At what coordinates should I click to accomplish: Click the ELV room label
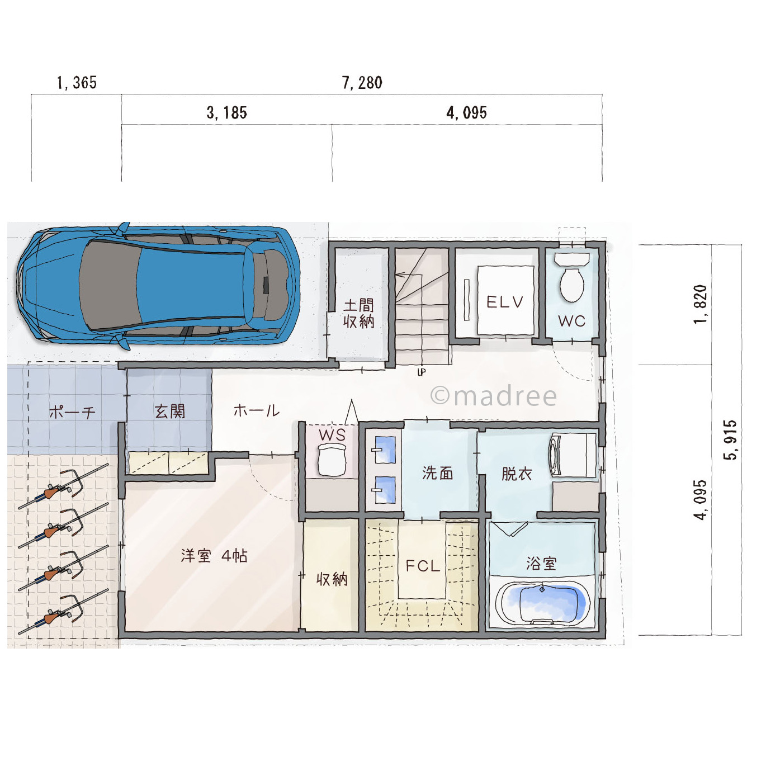(505, 302)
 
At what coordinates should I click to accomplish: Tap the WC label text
(571, 321)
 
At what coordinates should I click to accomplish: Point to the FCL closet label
(423, 566)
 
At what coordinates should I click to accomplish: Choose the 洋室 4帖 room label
(214, 556)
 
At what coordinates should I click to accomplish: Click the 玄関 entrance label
(170, 412)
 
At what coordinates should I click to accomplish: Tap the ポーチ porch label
(72, 412)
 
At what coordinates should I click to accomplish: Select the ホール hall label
(257, 410)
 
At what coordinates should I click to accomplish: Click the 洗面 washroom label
(438, 473)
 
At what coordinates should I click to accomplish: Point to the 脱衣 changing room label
(517, 474)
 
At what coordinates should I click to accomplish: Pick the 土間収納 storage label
(358, 314)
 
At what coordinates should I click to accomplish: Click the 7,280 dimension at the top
(362, 83)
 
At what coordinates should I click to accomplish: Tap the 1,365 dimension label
(77, 83)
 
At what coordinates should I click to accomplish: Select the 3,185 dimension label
(226, 113)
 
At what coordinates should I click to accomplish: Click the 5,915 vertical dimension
(730, 440)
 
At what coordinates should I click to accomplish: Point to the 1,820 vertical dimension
(700, 305)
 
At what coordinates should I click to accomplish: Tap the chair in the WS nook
(332, 460)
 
